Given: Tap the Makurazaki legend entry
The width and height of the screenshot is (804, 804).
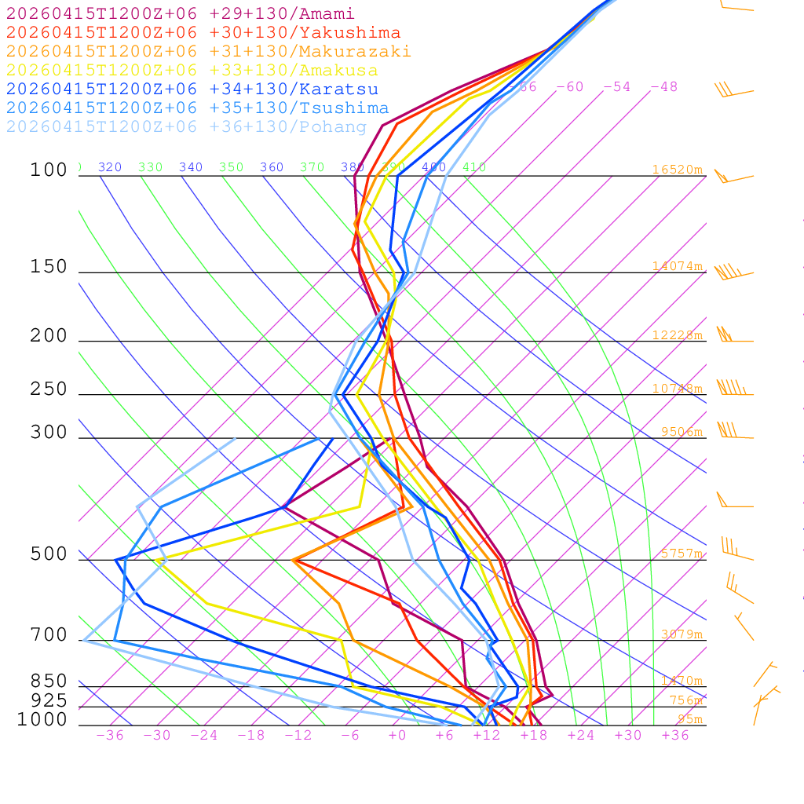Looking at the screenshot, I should coord(208,52).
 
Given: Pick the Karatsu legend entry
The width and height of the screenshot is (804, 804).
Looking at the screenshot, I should coord(192,90).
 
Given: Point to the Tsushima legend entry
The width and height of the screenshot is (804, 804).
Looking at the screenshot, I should coord(197,108).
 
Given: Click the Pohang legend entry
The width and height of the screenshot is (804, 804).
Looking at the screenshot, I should coord(186,127).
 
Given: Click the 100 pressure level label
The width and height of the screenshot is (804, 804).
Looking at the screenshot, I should coord(49,170).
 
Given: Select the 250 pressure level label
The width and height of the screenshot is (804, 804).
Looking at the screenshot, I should coord(49,389).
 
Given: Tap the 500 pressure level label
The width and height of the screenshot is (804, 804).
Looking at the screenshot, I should coord(49,554).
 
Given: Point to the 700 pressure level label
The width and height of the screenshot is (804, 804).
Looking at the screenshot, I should coord(49,634).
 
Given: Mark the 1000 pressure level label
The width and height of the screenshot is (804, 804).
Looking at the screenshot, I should coord(42,719).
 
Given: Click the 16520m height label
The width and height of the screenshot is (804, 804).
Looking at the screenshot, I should coord(677,170).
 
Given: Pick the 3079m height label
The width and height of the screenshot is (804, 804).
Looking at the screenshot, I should coord(681,634).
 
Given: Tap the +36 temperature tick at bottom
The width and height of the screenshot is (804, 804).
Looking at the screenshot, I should coord(675,736).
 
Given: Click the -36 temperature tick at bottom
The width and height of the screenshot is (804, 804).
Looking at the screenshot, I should coord(110,736).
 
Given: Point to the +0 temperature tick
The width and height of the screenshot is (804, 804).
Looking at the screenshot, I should coord(397,736).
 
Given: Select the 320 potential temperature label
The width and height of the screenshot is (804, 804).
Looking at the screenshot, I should coord(110,167).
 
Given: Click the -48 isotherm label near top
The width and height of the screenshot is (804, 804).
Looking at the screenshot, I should coord(663,87).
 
